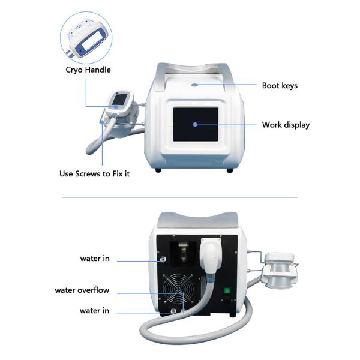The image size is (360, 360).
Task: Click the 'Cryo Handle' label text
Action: [x=88, y=70]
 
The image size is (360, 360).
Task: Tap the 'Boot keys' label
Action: [x=280, y=85]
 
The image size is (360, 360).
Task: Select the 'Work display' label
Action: [x=286, y=125]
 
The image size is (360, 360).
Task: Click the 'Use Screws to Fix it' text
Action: [x=94, y=174]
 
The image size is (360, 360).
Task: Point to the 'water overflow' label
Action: [x=82, y=290]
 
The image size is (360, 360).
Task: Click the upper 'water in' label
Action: [x=94, y=259]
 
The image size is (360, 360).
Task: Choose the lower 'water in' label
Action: [x=94, y=310]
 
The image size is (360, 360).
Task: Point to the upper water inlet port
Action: [x=162, y=260]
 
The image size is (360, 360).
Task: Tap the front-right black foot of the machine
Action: [x=230, y=170]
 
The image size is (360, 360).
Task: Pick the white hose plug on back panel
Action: [x=212, y=258]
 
